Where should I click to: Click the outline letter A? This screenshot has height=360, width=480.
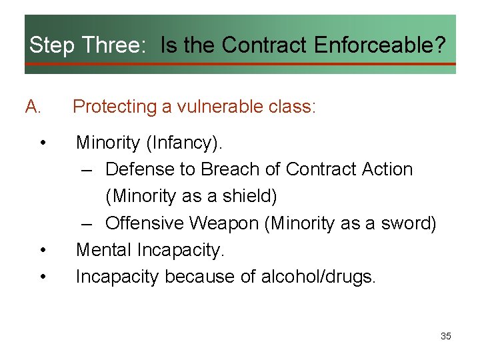[33, 107]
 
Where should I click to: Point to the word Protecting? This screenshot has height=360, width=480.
[115, 107]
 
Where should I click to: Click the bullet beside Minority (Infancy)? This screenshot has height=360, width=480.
[43, 143]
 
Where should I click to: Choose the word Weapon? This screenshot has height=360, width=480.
[226, 223]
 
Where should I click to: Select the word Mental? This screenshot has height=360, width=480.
[104, 250]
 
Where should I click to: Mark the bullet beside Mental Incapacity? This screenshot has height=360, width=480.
[43, 251]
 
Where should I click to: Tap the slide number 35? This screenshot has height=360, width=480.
[446, 336]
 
